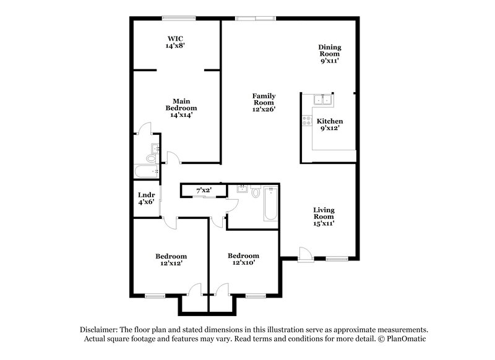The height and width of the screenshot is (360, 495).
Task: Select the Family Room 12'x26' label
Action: pos(264,102)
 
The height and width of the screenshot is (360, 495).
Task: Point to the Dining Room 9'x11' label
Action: pos(330,54)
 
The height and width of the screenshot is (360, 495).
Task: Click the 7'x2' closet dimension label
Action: pos(204,191)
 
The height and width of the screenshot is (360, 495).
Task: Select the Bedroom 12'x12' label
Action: pos(171,260)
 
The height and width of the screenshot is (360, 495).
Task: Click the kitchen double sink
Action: pos(323,101)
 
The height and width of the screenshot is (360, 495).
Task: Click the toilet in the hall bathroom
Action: pos(256,192)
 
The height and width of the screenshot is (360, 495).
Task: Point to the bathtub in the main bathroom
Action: pos(146,172)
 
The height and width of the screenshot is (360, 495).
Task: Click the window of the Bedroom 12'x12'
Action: pos(155,296)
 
